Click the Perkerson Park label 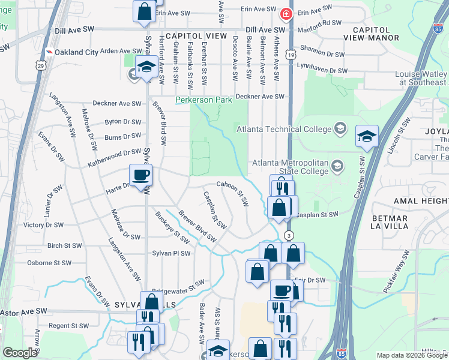(x=200, y=100)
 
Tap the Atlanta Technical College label (x=284, y=129)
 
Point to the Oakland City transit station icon (x=49, y=52)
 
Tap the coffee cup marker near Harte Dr (x=141, y=175)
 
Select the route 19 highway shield (x=290, y=54)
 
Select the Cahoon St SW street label (x=233, y=193)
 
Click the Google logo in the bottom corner (x=20, y=353)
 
